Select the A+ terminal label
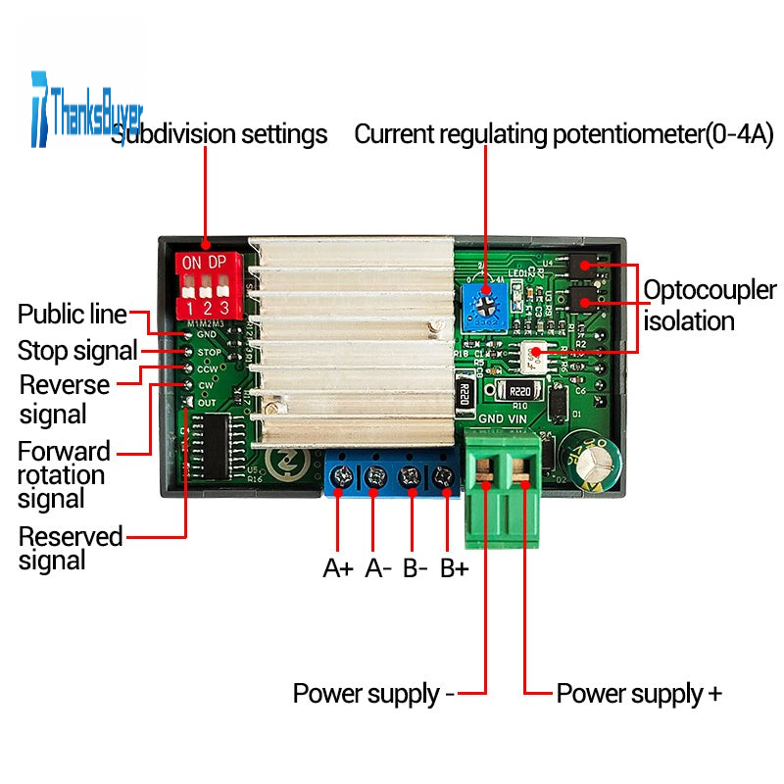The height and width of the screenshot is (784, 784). (338, 568)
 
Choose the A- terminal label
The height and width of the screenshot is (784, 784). (378, 568)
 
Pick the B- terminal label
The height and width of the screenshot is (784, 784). (416, 568)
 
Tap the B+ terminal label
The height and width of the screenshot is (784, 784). (454, 568)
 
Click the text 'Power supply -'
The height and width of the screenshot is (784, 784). (373, 694)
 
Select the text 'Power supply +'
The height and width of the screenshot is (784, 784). (639, 694)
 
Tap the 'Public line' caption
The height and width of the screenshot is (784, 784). (73, 315)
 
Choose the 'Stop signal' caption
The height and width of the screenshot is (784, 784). (77, 350)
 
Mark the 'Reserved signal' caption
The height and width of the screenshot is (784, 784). (71, 549)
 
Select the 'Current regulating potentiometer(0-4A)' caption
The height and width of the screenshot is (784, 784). (563, 134)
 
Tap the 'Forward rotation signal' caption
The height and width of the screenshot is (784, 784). (64, 475)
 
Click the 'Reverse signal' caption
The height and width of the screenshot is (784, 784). (64, 399)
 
